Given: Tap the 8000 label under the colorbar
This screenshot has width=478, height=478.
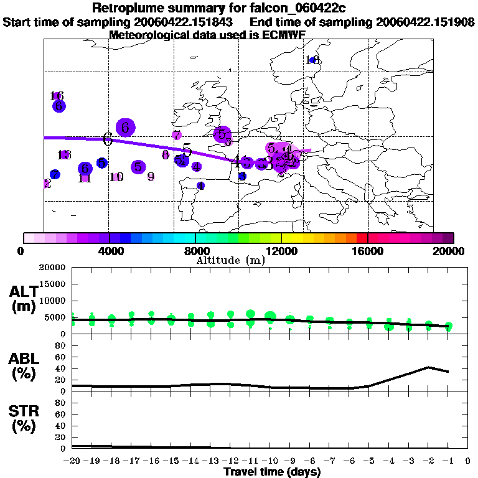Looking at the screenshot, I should (x=195, y=251).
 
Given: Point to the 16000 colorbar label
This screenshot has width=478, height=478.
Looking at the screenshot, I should (x=368, y=251).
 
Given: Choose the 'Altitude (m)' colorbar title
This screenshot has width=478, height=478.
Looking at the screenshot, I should (x=230, y=260).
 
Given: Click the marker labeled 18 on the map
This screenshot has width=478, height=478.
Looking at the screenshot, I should (x=313, y=60).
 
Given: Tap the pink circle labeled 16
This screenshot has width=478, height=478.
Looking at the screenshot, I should (x=57, y=96).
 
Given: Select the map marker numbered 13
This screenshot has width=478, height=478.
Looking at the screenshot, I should (x=64, y=155).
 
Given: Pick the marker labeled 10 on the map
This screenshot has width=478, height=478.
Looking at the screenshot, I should (x=116, y=177).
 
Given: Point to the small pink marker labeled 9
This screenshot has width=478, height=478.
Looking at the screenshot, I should (x=151, y=176).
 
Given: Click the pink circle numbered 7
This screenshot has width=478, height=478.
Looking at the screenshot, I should (x=176, y=135).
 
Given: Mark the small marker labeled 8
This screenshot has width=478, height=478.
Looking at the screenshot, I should (x=165, y=154).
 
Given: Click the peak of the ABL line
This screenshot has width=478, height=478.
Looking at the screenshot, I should (x=428, y=367).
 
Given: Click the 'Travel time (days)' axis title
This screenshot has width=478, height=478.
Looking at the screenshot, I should (x=272, y=472).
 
